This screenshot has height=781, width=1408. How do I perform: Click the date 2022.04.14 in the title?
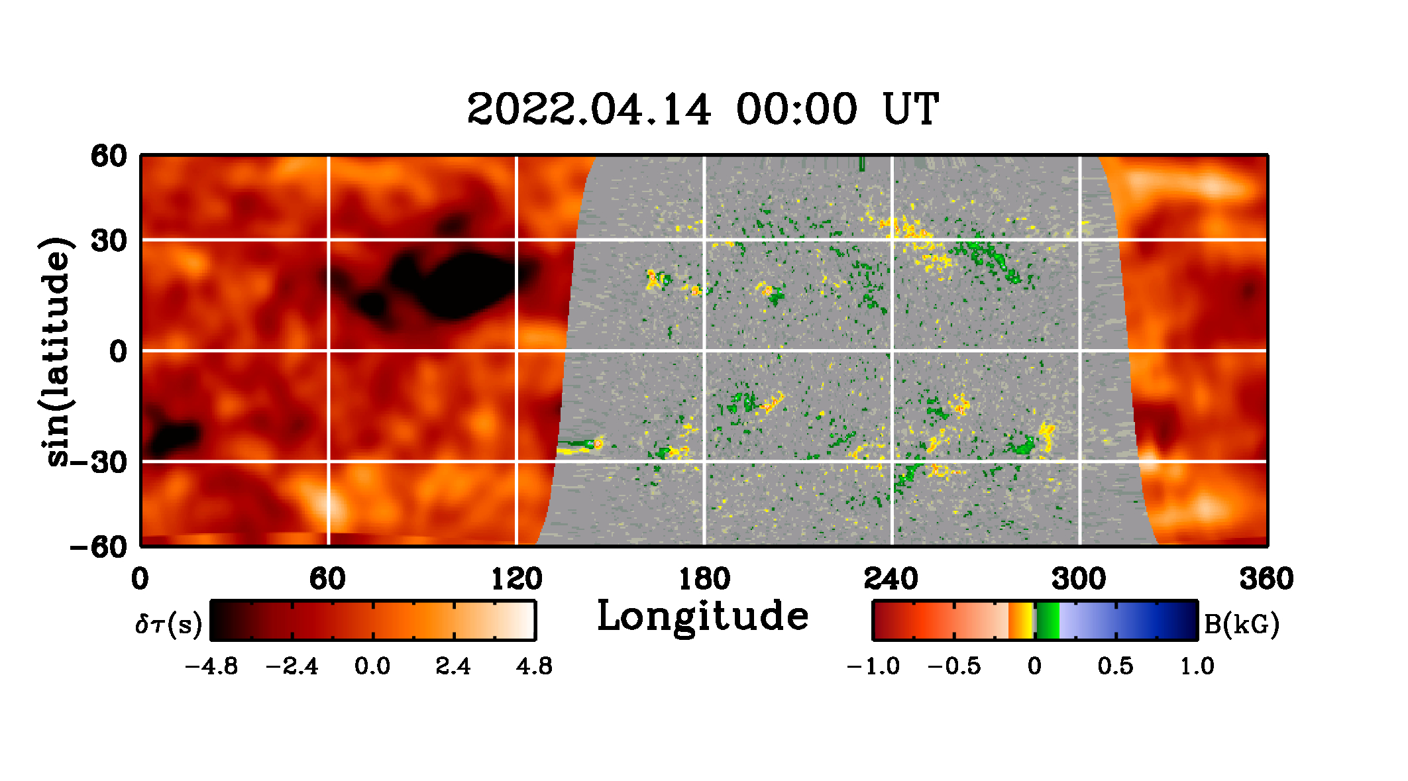point(589,109)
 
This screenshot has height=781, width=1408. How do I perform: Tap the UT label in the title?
point(910,109)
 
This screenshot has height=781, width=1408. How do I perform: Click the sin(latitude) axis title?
point(56,351)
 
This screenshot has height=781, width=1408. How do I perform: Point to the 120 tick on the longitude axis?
point(516,579)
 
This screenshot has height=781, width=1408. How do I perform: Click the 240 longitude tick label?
point(891,579)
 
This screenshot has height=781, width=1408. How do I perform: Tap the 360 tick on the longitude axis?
point(1266,579)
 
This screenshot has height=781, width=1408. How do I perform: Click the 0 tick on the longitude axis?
point(140,579)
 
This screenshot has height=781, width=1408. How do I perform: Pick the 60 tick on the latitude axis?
point(109,156)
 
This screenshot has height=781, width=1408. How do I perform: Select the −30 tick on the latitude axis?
point(99,462)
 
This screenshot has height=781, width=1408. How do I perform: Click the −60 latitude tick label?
point(99,547)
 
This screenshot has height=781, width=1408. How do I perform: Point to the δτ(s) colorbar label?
point(168,624)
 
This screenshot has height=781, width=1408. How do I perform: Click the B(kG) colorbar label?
point(1241,624)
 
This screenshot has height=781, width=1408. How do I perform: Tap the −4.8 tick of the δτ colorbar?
point(211,666)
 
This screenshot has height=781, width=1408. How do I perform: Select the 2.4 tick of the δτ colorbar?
point(453,666)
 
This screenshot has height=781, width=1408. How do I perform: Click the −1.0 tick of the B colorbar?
point(873,666)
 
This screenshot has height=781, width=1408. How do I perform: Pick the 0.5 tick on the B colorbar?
point(1116,666)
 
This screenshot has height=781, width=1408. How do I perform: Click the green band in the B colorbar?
point(1048,621)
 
